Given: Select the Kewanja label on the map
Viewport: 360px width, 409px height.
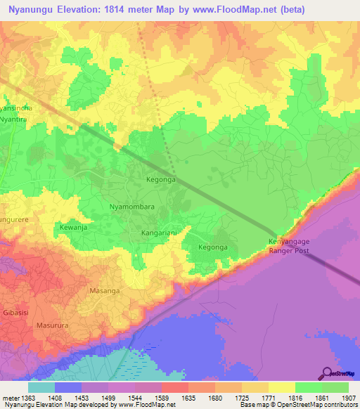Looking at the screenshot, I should click(75, 228).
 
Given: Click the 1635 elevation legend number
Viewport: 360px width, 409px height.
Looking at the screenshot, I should click(188, 398).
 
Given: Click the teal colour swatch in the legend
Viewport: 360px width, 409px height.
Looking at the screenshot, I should click(41, 387).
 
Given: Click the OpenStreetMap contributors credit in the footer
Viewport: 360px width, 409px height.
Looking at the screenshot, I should click(324, 405).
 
